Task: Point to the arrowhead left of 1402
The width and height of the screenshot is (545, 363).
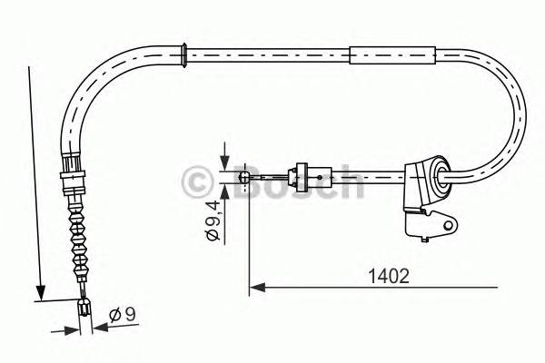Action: pos(256,289)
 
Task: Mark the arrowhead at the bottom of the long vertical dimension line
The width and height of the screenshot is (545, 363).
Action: pos(39,291)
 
